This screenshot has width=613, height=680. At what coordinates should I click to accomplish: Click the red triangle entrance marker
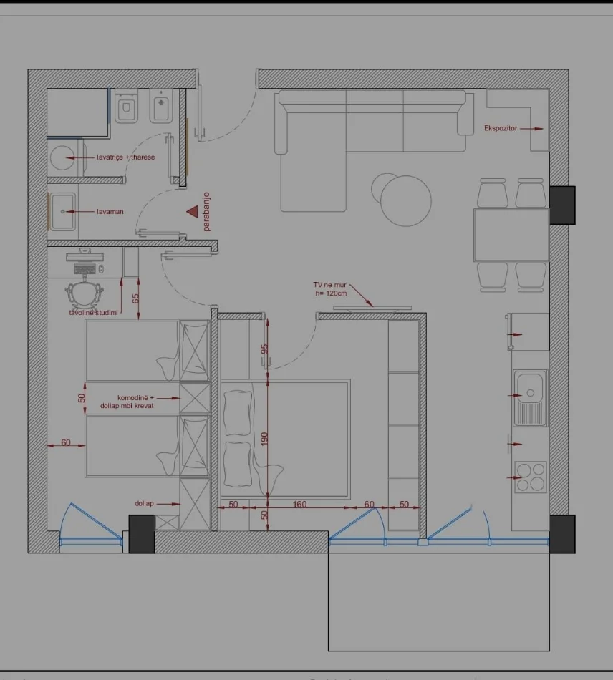click(x=192, y=211)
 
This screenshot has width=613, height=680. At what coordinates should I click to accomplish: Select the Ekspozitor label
click(x=500, y=129)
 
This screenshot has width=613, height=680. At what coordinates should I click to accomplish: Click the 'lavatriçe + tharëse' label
click(x=125, y=157)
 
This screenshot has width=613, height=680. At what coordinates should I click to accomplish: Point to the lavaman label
click(x=111, y=212)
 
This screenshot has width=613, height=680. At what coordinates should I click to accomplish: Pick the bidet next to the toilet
click(x=160, y=108)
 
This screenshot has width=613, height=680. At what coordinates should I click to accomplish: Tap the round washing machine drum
click(x=63, y=155)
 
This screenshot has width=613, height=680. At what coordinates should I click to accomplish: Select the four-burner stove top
click(x=531, y=476)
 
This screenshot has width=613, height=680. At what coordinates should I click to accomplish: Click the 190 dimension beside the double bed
click(x=264, y=438)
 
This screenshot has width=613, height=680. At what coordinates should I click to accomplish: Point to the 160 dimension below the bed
click(x=299, y=505)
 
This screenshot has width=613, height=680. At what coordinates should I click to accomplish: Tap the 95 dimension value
click(x=264, y=350)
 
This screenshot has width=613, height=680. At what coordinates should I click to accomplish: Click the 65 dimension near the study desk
click(x=135, y=299)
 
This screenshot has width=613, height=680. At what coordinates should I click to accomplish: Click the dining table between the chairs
click(x=511, y=235)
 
